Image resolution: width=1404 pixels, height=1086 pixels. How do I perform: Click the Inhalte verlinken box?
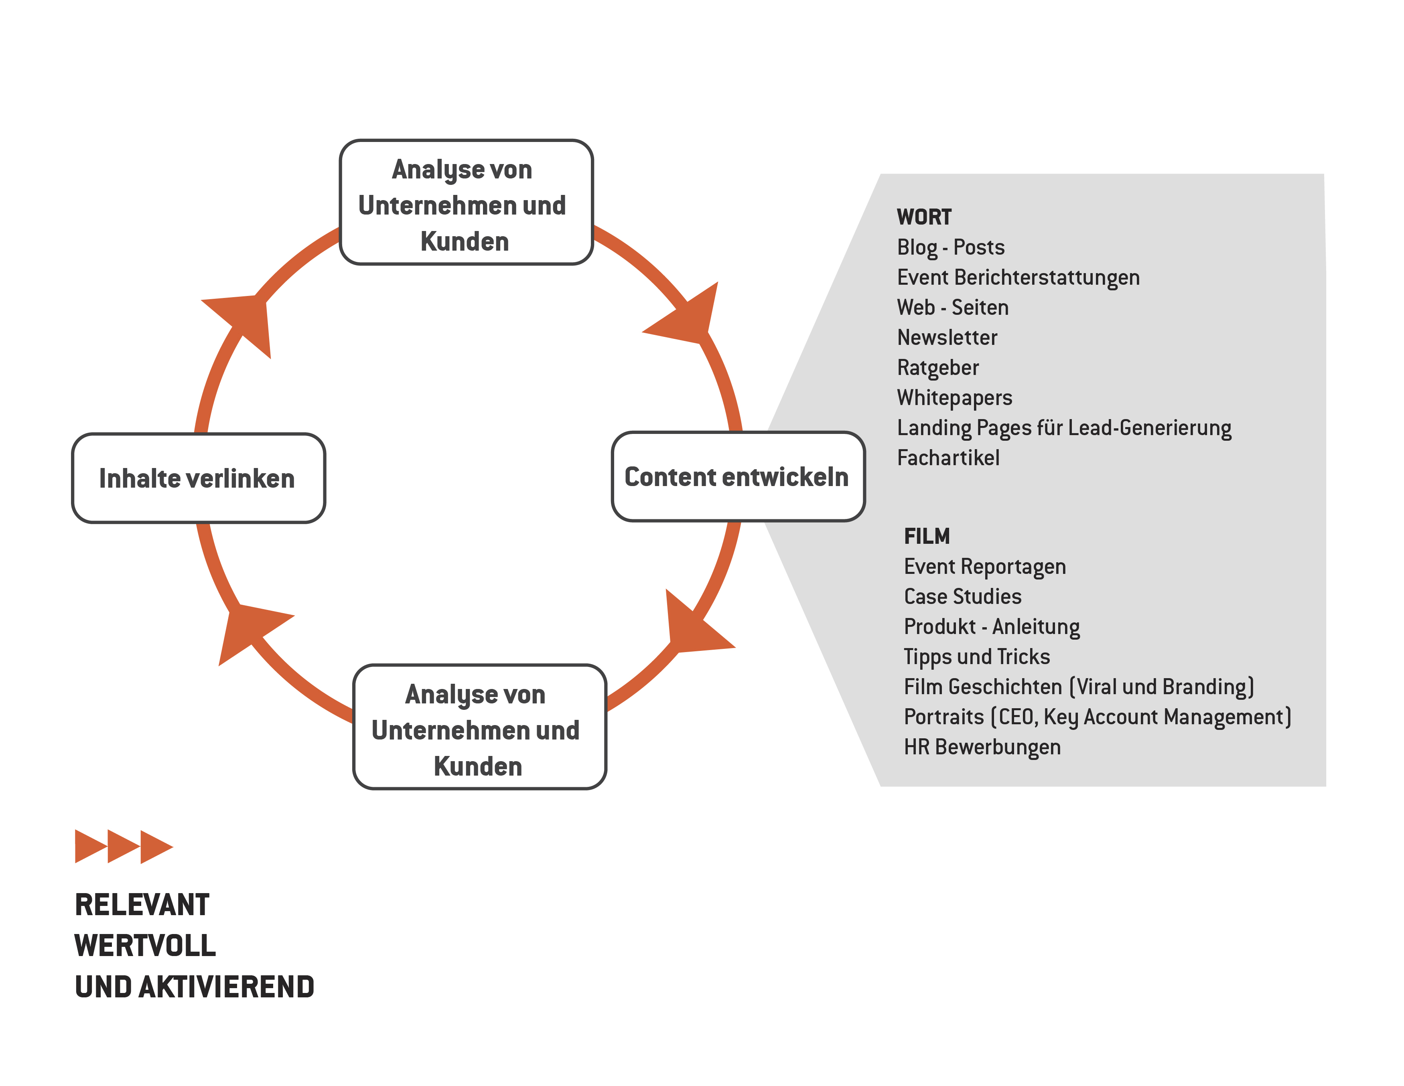pos(198,478)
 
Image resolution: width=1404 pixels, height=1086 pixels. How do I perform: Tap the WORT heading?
pos(924,217)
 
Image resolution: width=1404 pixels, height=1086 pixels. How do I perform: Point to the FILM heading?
pos(926,536)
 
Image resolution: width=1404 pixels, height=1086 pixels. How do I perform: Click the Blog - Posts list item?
pos(950,247)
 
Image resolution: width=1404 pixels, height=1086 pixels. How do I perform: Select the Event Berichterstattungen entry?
pos(1018,278)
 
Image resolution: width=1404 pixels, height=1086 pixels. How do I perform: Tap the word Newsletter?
pos(947,337)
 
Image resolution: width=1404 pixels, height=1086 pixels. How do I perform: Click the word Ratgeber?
pos(937,368)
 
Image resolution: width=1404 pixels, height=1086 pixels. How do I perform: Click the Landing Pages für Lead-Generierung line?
pos(1064,428)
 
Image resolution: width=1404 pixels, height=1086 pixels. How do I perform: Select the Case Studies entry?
pos(962,596)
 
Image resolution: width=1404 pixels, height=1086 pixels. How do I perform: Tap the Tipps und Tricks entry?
pos(976,657)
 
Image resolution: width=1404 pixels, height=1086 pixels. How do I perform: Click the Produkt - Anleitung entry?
pos(991,626)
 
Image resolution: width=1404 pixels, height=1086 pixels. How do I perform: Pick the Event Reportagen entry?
pos(984,567)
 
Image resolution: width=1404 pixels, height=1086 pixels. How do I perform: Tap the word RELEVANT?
pos(142,905)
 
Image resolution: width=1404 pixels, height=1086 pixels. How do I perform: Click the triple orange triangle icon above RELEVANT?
pos(124,846)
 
